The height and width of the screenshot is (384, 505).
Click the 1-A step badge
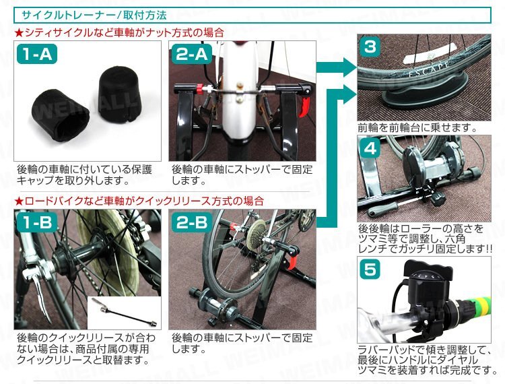(37, 54)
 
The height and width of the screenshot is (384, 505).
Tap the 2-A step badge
(192, 54)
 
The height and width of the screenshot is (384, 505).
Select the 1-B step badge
(37, 222)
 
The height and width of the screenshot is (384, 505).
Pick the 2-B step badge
(192, 222)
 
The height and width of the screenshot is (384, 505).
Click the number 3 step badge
(370, 47)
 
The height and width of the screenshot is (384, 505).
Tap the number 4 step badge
(370, 148)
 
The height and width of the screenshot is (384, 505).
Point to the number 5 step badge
(370, 269)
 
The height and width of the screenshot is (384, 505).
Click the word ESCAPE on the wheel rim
(429, 69)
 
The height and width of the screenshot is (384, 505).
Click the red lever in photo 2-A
(304, 106)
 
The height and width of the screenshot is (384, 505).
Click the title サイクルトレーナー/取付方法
(94, 15)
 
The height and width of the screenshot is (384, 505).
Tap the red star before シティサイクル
(20, 32)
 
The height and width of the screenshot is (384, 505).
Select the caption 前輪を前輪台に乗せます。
(417, 128)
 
